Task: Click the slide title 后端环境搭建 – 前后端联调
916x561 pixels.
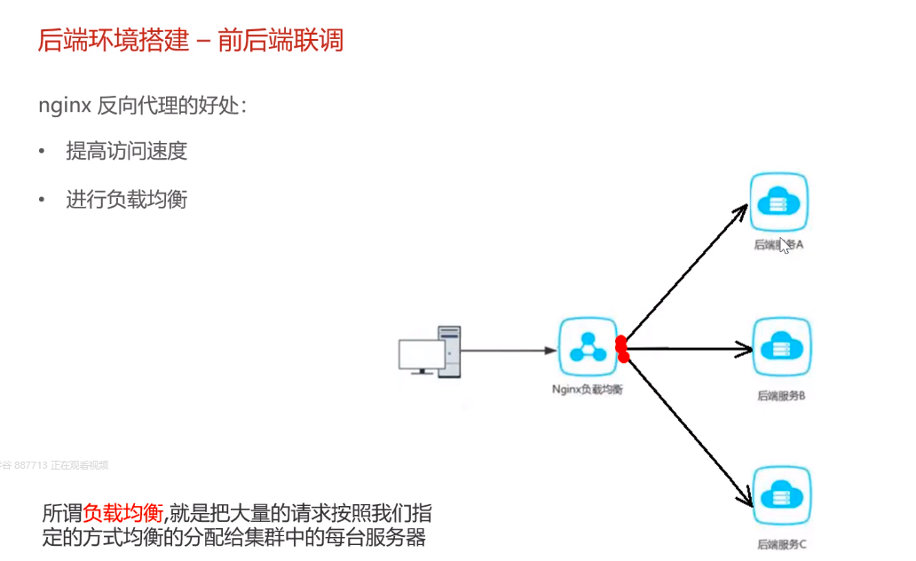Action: pyautogui.click(x=190, y=40)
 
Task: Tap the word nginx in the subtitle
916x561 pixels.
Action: pyautogui.click(x=64, y=105)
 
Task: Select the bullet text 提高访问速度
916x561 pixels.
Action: pyautogui.click(x=126, y=151)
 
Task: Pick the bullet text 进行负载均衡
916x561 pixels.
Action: pyautogui.click(x=126, y=199)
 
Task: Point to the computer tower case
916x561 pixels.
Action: pyautogui.click(x=450, y=352)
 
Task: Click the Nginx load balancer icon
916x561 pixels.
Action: pyautogui.click(x=587, y=349)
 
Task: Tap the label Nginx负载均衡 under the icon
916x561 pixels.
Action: pyautogui.click(x=587, y=389)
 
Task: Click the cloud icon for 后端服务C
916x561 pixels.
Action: pyautogui.click(x=781, y=495)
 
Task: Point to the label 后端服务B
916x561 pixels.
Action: pyautogui.click(x=780, y=396)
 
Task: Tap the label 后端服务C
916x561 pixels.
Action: pyautogui.click(x=781, y=544)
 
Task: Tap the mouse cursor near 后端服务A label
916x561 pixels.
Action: pyautogui.click(x=784, y=245)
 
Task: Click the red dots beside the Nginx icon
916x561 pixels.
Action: pyautogui.click(x=621, y=349)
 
